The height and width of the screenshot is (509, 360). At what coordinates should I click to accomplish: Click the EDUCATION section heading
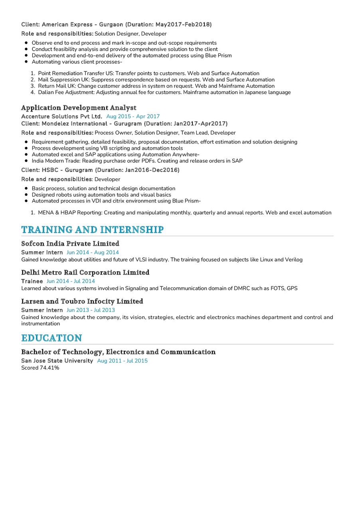[51, 338]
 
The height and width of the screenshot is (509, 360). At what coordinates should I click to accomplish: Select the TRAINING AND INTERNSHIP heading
[92, 229]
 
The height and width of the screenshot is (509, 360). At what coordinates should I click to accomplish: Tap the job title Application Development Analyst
[79, 108]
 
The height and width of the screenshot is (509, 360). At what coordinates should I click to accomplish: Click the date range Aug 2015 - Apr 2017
[133, 116]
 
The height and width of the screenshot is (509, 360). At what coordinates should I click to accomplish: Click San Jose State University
[57, 361]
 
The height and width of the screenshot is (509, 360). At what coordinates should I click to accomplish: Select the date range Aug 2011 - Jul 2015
[122, 361]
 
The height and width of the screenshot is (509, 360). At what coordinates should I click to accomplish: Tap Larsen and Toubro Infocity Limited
[82, 301]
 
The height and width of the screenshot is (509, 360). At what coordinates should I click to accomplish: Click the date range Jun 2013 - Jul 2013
[91, 310]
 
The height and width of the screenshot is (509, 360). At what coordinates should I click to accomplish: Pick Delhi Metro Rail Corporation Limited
[85, 272]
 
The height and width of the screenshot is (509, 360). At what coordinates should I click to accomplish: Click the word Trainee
[32, 281]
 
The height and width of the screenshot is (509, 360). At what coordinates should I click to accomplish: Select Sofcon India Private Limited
[70, 243]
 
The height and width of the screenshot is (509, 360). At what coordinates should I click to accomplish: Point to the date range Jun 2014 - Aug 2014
[93, 253]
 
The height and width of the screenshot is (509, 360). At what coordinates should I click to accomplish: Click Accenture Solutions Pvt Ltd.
[62, 116]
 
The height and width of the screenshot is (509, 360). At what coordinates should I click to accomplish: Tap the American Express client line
[117, 25]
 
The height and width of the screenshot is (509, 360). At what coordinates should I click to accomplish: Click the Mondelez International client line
[125, 124]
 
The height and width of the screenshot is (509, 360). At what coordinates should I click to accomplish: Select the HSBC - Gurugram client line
[101, 170]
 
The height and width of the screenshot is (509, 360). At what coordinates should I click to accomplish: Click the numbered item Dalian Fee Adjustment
[164, 93]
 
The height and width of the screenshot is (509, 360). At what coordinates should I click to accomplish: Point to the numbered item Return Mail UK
[156, 86]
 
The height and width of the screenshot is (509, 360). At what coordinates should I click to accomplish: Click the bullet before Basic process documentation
[26, 188]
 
